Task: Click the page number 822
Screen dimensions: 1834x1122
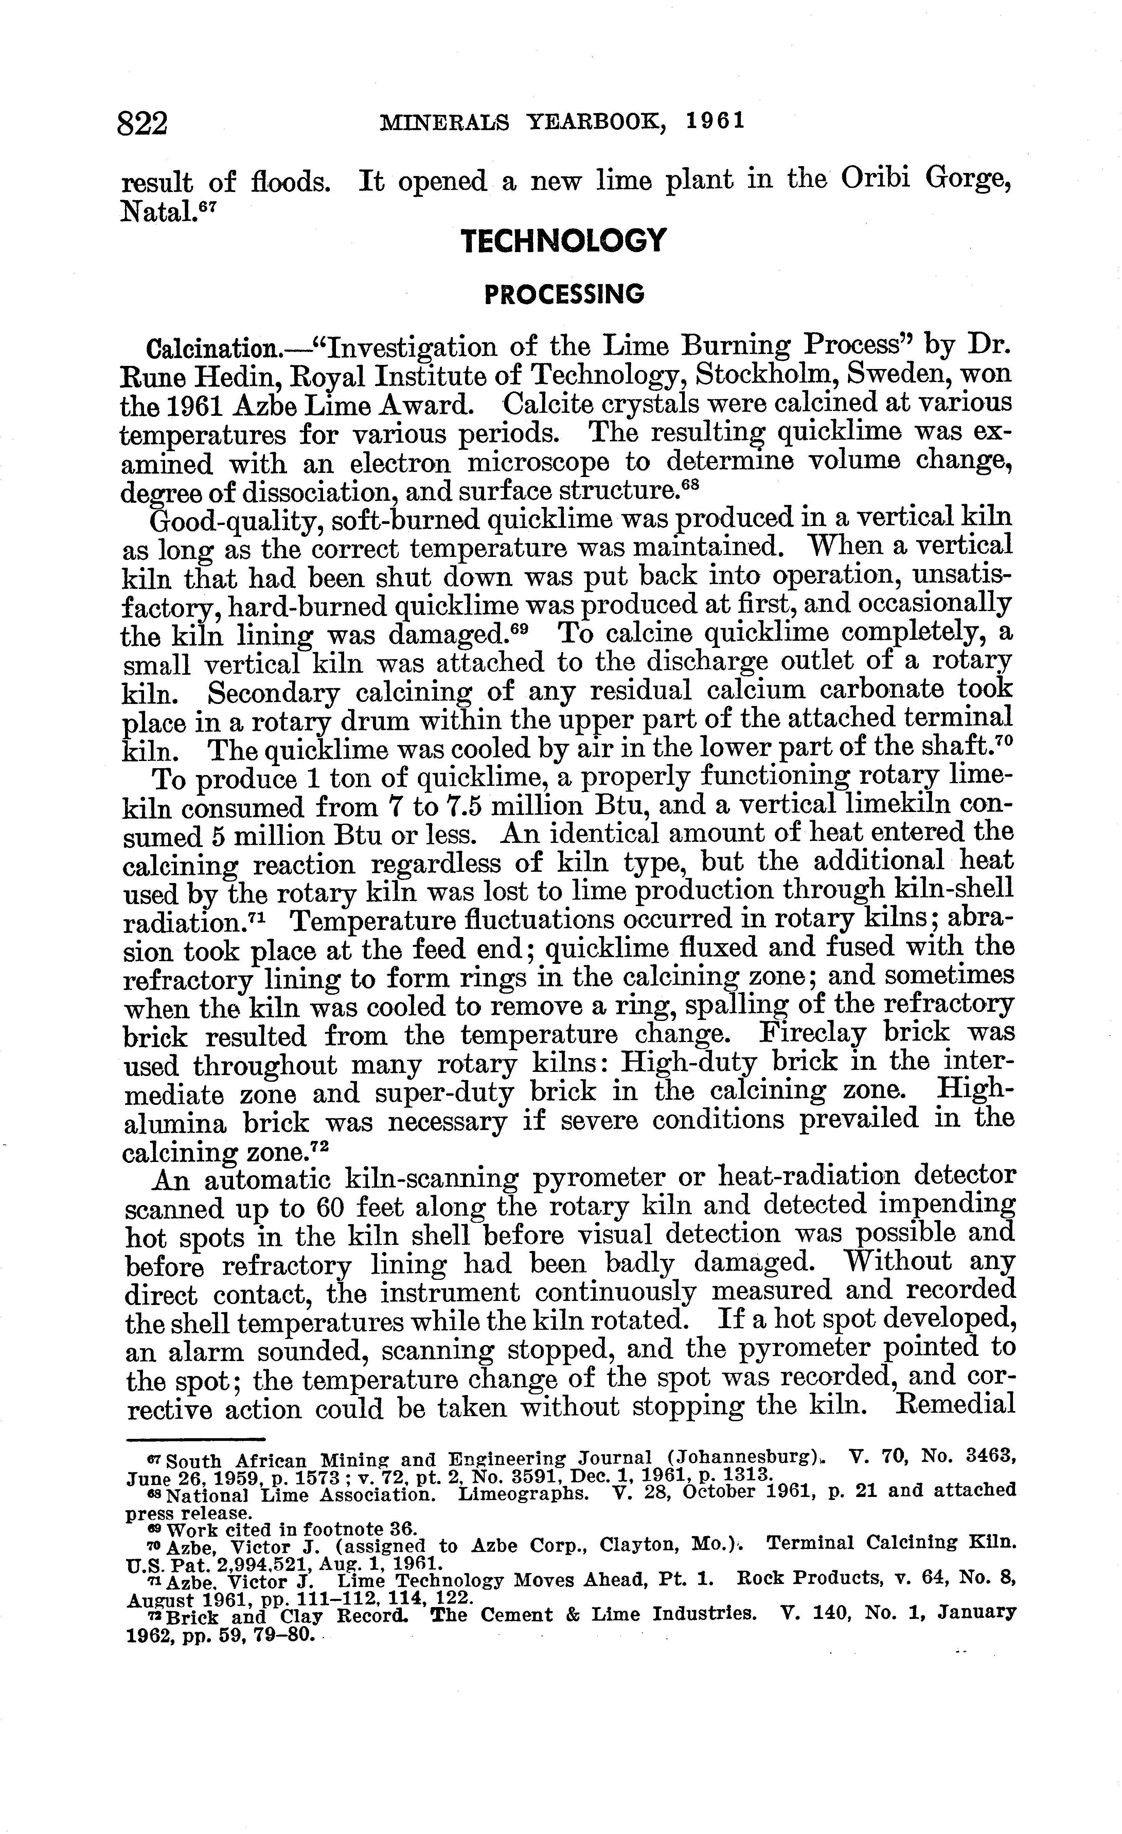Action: coord(142,124)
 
